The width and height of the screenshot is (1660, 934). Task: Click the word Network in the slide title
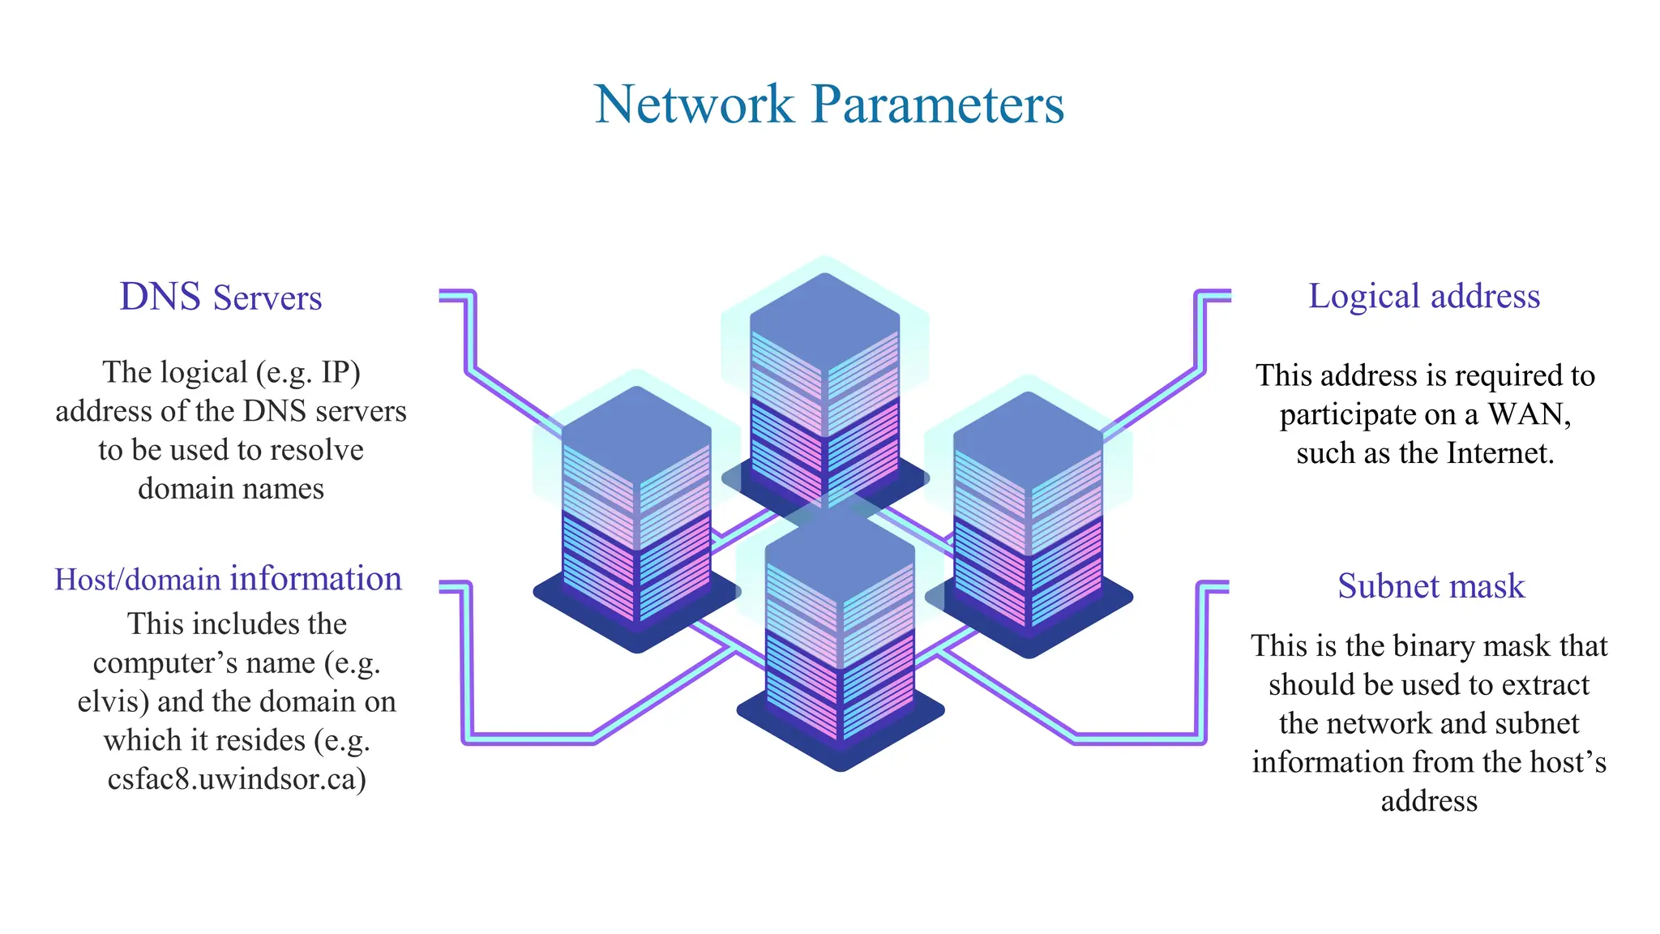click(694, 105)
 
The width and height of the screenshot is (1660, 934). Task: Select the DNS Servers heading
click(220, 298)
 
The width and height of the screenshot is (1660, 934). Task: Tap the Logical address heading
click(1424, 297)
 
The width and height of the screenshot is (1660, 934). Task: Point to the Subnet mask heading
click(1431, 586)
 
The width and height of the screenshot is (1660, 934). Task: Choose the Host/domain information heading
click(228, 580)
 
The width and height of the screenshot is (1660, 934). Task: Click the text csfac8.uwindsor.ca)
click(237, 779)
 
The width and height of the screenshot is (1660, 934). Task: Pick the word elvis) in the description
click(113, 701)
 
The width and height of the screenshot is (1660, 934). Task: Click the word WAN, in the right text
click(1530, 414)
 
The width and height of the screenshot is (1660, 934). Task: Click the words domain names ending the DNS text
click(231, 489)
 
